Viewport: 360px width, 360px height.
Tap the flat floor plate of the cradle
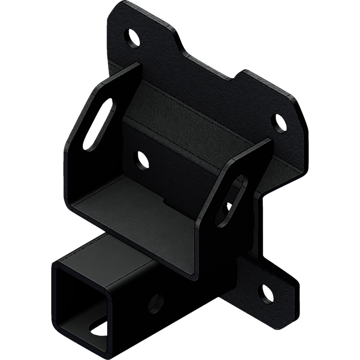135,211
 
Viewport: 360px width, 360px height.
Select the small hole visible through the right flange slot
229,206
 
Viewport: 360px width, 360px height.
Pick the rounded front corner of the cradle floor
76,207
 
